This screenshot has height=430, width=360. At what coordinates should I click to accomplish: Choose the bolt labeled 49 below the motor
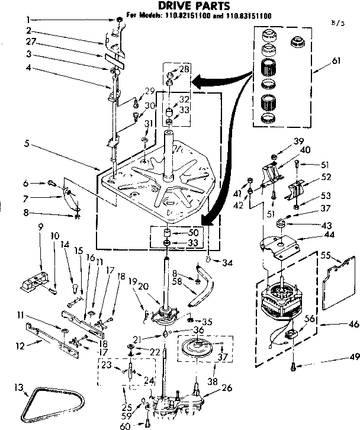click(294, 367)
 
